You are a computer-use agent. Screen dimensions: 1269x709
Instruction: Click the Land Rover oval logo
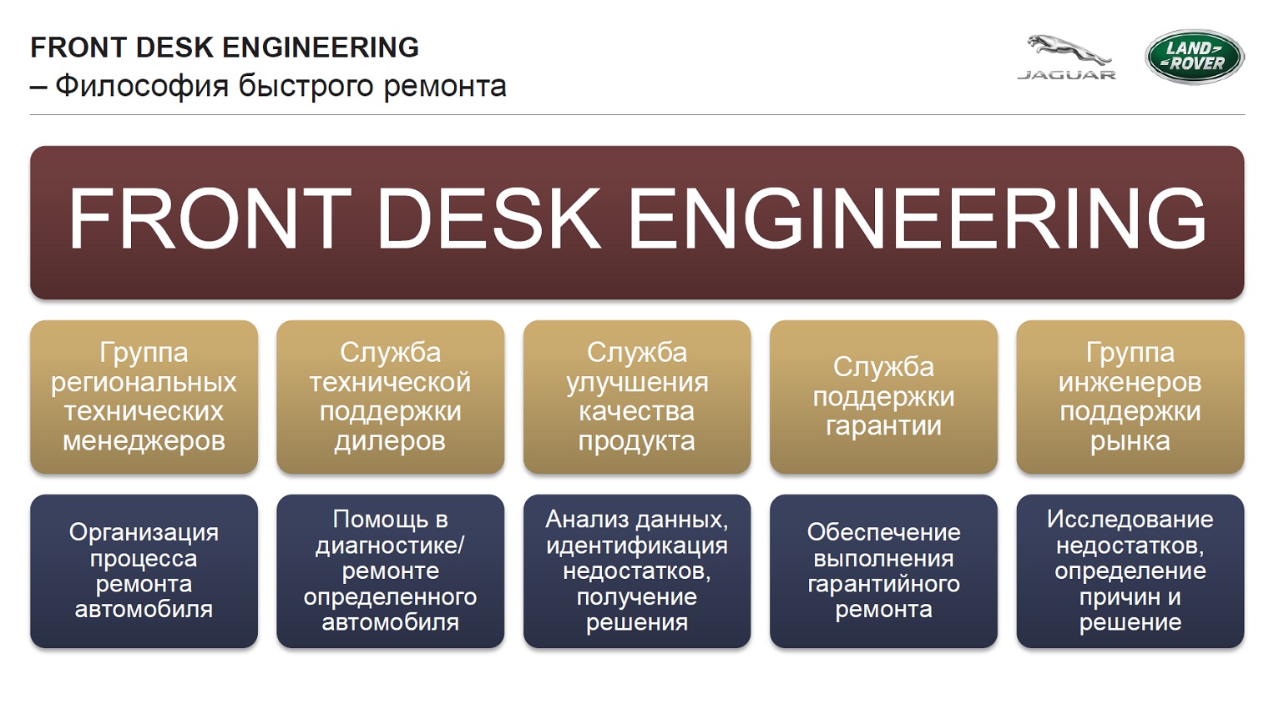coord(1194,57)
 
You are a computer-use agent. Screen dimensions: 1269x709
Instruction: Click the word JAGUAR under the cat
coord(1067,75)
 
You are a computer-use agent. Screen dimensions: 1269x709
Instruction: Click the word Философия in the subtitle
coord(142,87)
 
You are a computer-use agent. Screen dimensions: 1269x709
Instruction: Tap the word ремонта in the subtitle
coord(445,87)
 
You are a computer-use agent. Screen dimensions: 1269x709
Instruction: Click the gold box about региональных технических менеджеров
coord(144,397)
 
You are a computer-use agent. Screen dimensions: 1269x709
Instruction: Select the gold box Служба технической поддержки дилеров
coord(391,397)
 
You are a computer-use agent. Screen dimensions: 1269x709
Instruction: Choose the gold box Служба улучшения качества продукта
coord(637,397)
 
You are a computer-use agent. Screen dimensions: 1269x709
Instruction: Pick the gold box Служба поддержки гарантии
coord(884,397)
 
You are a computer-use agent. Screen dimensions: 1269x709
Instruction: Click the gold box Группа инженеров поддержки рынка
coord(1130,397)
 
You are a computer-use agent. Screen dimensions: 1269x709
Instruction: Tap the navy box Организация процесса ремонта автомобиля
coord(144,571)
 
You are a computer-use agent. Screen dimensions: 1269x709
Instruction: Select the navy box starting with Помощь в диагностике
coord(391,571)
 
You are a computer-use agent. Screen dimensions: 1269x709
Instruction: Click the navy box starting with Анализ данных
coord(637,571)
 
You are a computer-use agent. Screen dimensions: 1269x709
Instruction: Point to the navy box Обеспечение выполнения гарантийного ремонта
coord(884,571)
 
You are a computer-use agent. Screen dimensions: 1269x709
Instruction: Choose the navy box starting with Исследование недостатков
coord(1130,571)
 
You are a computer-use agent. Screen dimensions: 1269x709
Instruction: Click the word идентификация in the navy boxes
coord(637,546)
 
